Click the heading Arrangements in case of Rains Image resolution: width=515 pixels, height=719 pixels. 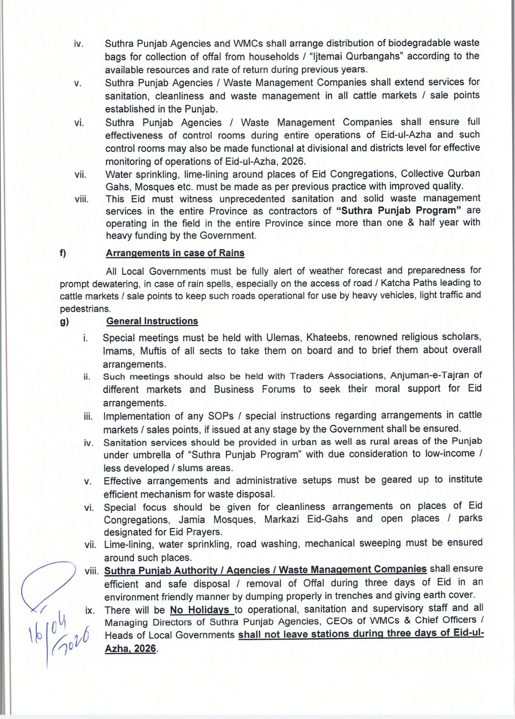(175, 253)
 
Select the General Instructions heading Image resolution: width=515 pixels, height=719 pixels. (152, 321)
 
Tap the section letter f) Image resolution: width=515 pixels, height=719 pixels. (63, 253)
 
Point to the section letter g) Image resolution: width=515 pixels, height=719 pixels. (64, 322)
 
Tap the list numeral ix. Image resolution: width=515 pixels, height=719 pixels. (90, 610)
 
